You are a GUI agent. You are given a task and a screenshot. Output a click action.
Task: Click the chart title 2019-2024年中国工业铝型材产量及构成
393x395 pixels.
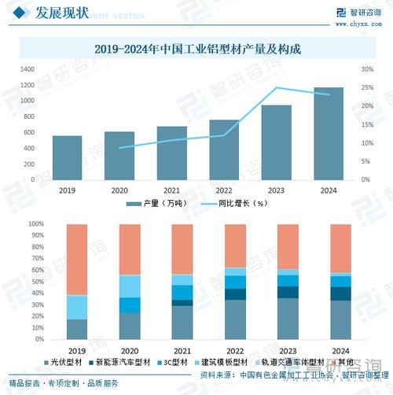[196, 49]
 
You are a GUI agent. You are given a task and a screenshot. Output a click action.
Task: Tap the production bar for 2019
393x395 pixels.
[67, 157]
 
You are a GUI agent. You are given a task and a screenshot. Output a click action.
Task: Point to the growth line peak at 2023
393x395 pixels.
[276, 88]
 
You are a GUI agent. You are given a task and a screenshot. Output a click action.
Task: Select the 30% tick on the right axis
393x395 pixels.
[366, 69]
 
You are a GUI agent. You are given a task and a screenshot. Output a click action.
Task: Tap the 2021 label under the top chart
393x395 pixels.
[171, 190]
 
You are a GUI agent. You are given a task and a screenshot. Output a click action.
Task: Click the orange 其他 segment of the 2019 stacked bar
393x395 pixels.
[77, 260]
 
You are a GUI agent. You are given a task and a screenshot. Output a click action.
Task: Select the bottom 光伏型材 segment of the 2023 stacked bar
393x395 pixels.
[288, 319]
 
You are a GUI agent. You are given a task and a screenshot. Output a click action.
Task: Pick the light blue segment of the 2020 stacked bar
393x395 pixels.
[130, 286]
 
